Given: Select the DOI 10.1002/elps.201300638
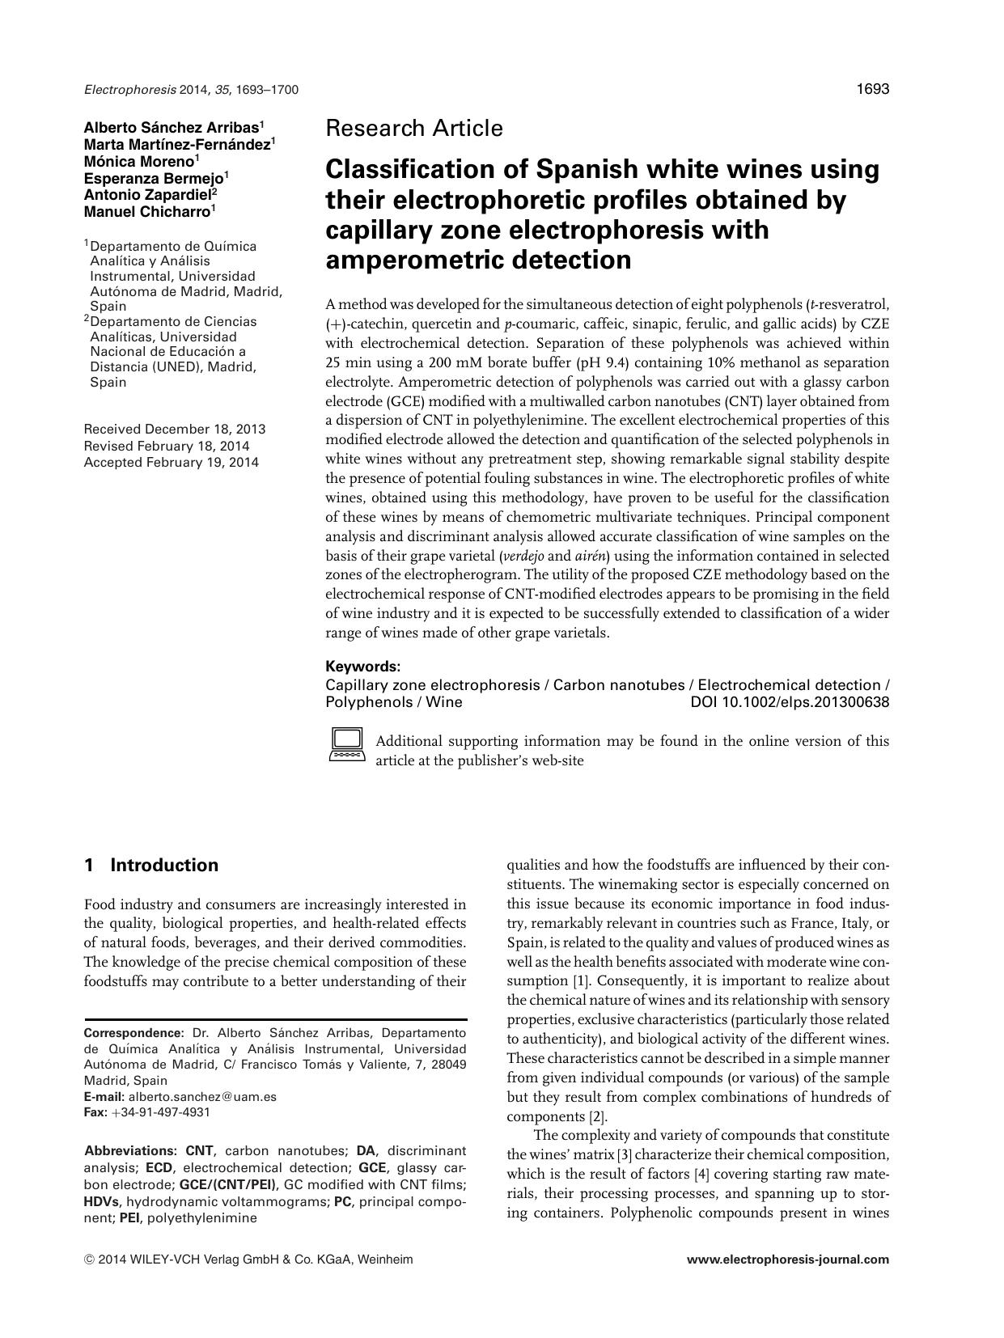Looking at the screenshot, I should coord(789,702).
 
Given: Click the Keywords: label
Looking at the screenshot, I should coord(362,667).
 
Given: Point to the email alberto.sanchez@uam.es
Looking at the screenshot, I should coord(202,1097).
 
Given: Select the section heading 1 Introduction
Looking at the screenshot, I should coord(151,866).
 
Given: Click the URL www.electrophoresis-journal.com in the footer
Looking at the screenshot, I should coord(787,1260).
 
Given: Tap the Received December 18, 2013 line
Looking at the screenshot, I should coord(174,430).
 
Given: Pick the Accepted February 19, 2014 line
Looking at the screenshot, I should coord(171,463).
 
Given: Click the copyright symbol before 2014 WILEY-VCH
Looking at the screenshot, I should coord(89,1260).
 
